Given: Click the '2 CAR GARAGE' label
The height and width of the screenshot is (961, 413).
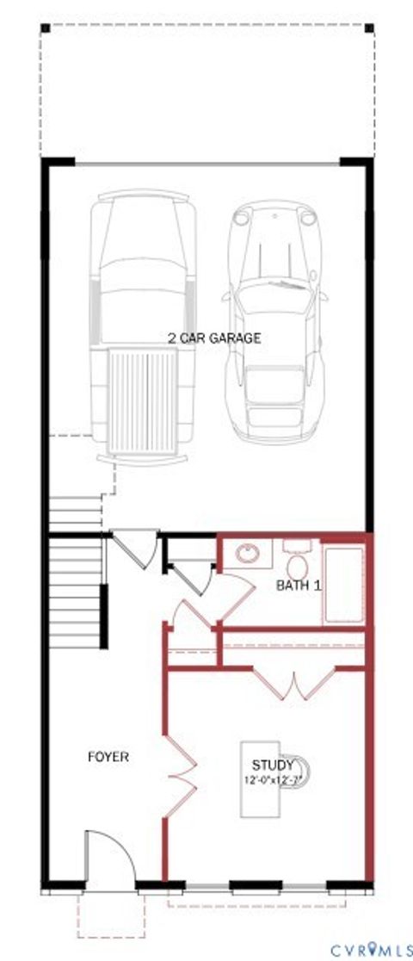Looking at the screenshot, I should click(214, 338).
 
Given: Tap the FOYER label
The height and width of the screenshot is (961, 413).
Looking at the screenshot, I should click(108, 758).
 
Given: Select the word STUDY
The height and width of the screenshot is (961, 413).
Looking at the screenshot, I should click(273, 765).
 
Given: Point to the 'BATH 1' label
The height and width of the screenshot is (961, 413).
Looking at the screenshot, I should click(299, 586).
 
